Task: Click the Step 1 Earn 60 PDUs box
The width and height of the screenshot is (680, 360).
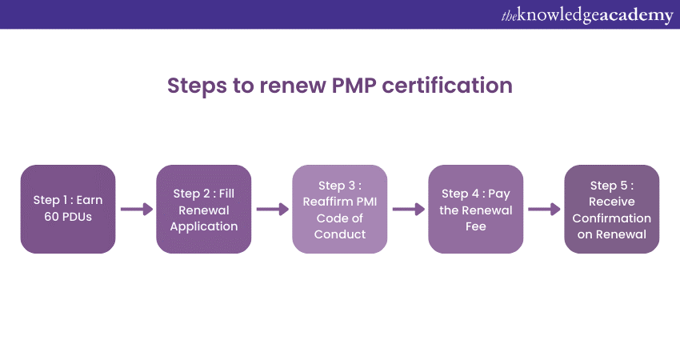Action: [68, 209]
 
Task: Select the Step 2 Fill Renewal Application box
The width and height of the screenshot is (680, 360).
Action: [204, 209]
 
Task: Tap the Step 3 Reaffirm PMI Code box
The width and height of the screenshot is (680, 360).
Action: [340, 209]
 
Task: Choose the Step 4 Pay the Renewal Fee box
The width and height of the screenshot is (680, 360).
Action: [476, 209]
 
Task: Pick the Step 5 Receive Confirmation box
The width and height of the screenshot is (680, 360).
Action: [612, 209]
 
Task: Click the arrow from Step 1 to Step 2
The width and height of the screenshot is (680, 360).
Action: [136, 210]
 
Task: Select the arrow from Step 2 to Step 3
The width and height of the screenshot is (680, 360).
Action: [272, 210]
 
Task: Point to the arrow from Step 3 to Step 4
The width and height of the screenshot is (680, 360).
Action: [408, 210]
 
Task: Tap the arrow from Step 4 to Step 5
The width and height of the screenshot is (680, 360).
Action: [544, 210]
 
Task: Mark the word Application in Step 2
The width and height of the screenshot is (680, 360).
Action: [205, 226]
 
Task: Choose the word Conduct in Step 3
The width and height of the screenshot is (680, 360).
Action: [340, 234]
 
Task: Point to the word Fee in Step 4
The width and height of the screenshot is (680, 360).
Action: [476, 226]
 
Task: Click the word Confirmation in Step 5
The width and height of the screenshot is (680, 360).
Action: [612, 218]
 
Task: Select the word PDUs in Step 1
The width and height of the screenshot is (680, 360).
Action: [77, 217]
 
